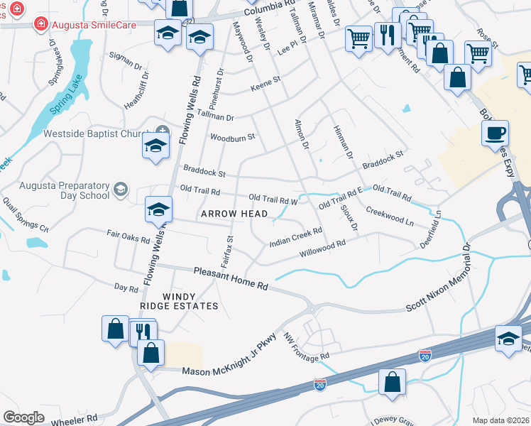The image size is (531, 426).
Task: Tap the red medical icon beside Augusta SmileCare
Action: click(x=41, y=24)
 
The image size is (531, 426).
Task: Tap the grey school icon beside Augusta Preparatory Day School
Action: click(x=120, y=189)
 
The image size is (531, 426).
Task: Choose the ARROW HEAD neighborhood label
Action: click(x=234, y=214)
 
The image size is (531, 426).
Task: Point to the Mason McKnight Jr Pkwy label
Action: click(x=229, y=362)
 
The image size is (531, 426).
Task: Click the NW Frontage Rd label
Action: click(x=306, y=346)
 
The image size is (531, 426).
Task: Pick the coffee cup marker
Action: click(x=495, y=133)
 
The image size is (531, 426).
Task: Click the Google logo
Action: click(x=23, y=417)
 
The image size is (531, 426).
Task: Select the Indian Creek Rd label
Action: click(x=296, y=238)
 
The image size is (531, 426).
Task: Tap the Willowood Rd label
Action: click(x=322, y=248)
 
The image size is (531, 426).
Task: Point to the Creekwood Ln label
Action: click(x=390, y=217)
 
